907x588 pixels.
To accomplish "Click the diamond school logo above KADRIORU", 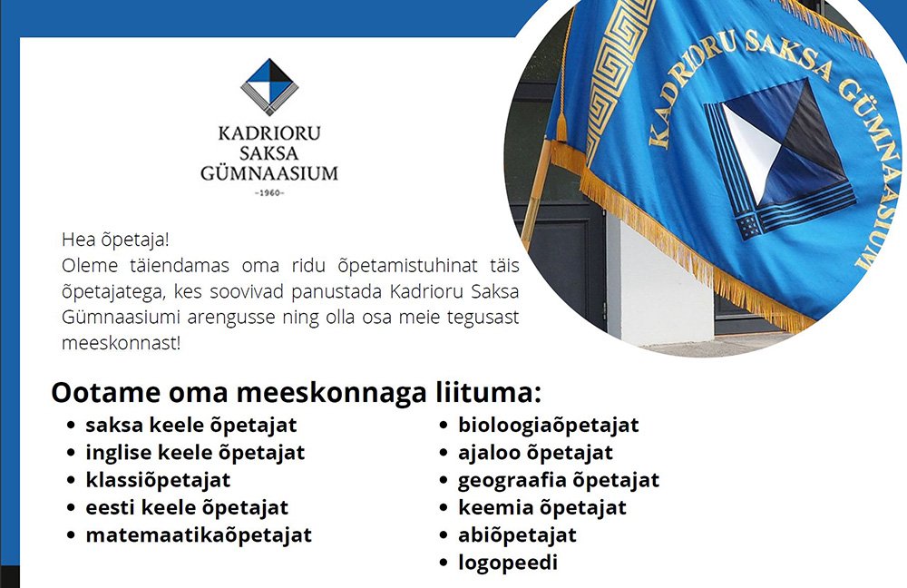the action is point(269,87).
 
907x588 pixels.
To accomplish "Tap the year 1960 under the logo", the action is point(269,192).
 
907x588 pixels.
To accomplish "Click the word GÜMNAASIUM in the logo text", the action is point(269,173).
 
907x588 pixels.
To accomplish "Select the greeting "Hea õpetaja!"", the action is point(115,240).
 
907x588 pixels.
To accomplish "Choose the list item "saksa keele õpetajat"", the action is point(190,426).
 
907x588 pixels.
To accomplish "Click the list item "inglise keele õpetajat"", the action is point(195,453).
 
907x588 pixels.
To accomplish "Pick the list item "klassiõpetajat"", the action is point(158,480).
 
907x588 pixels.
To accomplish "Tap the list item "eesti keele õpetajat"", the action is point(187,508).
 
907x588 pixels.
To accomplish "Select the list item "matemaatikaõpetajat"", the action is point(199,535).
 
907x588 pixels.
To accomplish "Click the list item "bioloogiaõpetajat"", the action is point(549,426).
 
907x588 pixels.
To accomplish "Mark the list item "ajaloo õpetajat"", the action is point(536,453).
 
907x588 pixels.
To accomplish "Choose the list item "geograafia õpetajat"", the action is point(559,480).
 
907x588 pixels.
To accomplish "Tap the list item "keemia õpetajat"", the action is point(542,508).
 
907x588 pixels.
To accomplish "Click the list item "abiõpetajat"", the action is point(517,535).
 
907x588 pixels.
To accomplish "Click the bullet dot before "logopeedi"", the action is point(444,563).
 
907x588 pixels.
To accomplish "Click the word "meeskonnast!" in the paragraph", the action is point(121,343).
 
